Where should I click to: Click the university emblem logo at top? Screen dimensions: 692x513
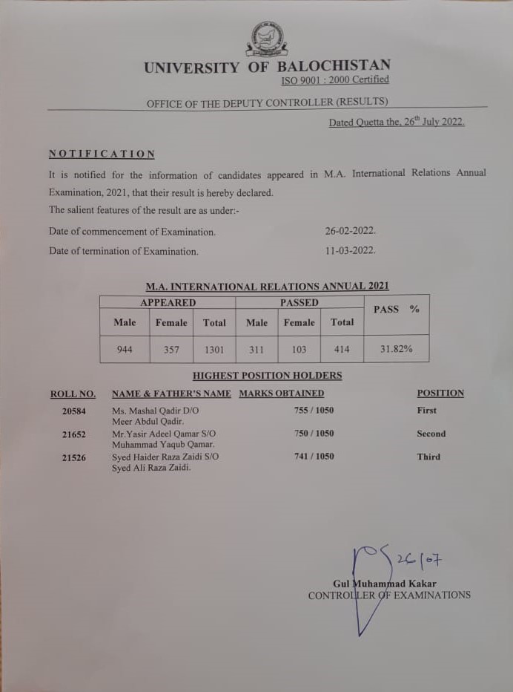point(266,39)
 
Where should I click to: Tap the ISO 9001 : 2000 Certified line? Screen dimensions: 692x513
point(334,80)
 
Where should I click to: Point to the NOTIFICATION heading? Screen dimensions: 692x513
point(102,154)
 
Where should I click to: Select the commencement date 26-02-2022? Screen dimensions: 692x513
point(351,231)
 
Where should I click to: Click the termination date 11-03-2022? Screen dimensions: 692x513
point(351,250)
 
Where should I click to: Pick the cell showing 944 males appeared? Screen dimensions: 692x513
point(125,348)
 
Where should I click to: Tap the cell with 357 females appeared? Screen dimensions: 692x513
point(171,348)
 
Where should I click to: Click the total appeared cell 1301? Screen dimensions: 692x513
point(214,348)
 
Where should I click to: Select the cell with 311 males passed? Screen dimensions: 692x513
point(256,348)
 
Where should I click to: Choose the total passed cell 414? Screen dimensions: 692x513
point(342,348)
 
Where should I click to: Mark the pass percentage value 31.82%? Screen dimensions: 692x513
point(396,348)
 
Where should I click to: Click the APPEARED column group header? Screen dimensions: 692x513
point(168,303)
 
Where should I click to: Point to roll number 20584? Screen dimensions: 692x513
point(74,411)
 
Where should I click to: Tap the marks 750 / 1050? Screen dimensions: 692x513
point(314,434)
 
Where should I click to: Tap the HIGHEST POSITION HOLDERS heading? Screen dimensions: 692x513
point(267,376)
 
